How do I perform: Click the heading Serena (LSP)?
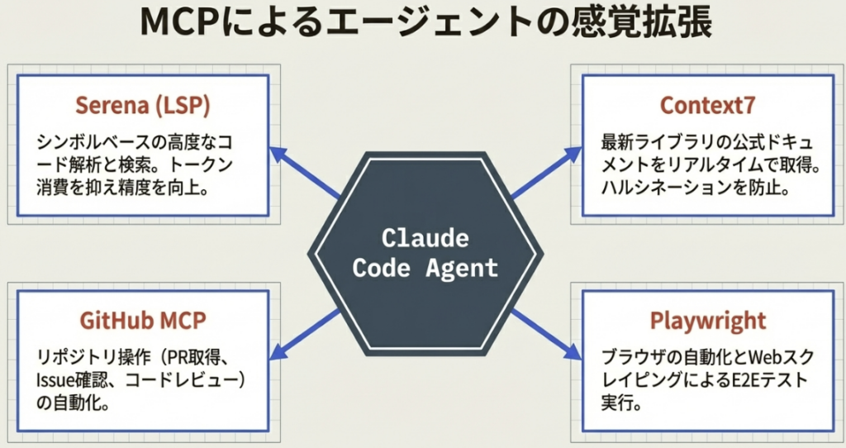coord(142,106)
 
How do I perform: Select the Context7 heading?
coord(707,106)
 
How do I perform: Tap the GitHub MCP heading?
coord(142,321)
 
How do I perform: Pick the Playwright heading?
coord(707,321)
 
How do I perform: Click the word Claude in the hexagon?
coord(425,239)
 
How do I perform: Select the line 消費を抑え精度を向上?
coord(122,187)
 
